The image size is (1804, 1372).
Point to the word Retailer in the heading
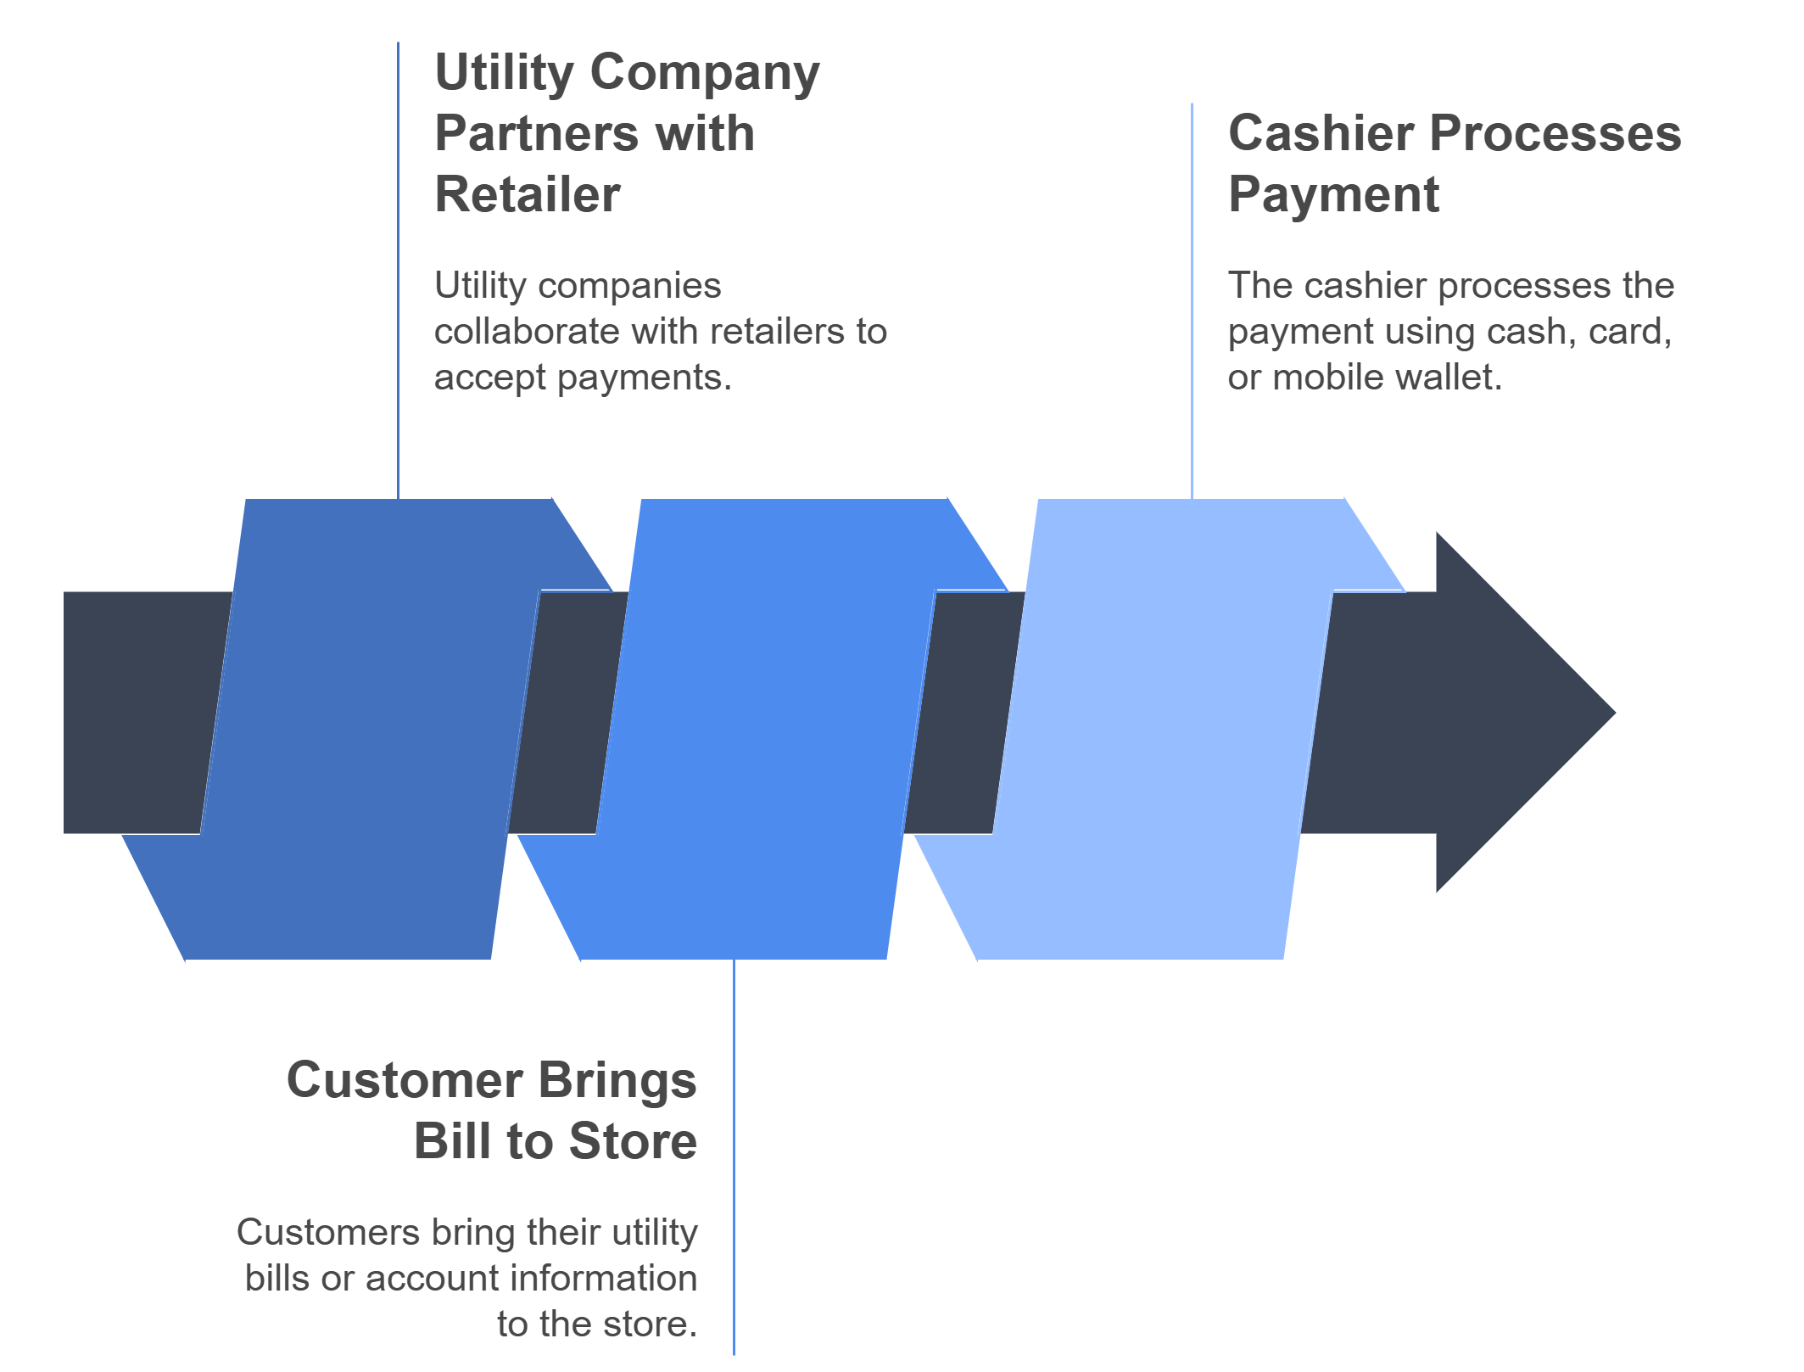click(x=527, y=195)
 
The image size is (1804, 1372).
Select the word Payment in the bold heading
click(x=1333, y=195)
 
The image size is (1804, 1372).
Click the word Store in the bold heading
click(x=633, y=1142)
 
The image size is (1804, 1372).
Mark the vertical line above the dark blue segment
click(x=398, y=272)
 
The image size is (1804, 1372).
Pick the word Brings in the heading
click(x=617, y=1081)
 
